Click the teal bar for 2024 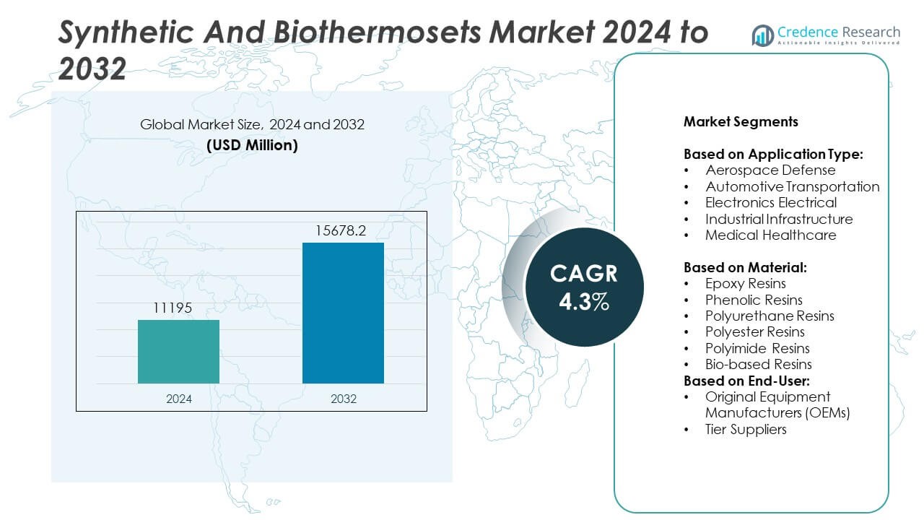point(178,352)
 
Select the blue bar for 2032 point(343,313)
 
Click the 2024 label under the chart point(178,399)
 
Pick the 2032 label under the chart point(343,399)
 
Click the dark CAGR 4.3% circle point(583,286)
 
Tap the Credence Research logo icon point(762,35)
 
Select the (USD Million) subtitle point(252,145)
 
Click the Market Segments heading point(741,121)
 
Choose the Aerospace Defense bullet point(770,170)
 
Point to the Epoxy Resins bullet point(746,284)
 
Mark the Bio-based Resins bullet point(759,365)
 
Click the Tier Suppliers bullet point(746,430)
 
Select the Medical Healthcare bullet point(771,235)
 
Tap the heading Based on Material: point(745,267)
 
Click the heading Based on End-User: point(746,381)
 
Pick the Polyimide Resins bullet point(757,348)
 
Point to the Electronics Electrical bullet point(771,203)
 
